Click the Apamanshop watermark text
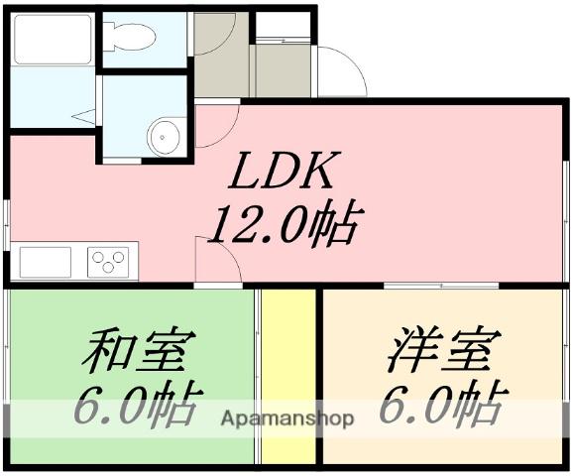click(x=287, y=418)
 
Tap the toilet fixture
click(x=130, y=37)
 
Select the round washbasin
click(x=164, y=137)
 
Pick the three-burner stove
click(x=108, y=262)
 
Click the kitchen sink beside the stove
click(x=46, y=262)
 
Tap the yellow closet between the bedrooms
click(x=288, y=377)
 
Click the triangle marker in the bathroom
click(x=84, y=116)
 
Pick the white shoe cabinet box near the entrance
click(x=283, y=25)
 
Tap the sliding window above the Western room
click(x=441, y=286)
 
